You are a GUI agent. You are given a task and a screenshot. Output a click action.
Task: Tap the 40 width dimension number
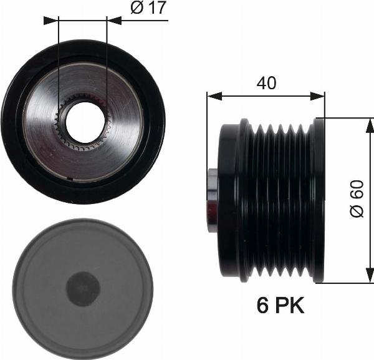tap(266, 83)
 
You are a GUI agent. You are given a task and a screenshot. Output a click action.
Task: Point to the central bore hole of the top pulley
tap(84, 122)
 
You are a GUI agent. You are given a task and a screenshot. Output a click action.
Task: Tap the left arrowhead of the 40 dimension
tap(212, 96)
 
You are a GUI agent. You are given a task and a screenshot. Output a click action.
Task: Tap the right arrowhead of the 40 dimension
tap(320, 96)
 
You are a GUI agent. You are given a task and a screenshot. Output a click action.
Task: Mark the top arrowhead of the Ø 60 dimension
tap(368, 123)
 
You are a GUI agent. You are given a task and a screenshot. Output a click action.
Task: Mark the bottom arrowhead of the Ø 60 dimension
tap(368, 277)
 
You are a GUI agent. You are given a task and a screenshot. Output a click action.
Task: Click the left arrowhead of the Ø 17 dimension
tap(53, 20)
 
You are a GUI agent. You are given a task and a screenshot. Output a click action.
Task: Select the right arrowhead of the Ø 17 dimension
tap(112, 20)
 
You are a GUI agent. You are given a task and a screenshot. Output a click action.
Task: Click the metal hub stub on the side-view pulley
tap(212, 200)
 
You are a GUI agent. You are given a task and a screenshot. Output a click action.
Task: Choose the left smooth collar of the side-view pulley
tap(228, 200)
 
